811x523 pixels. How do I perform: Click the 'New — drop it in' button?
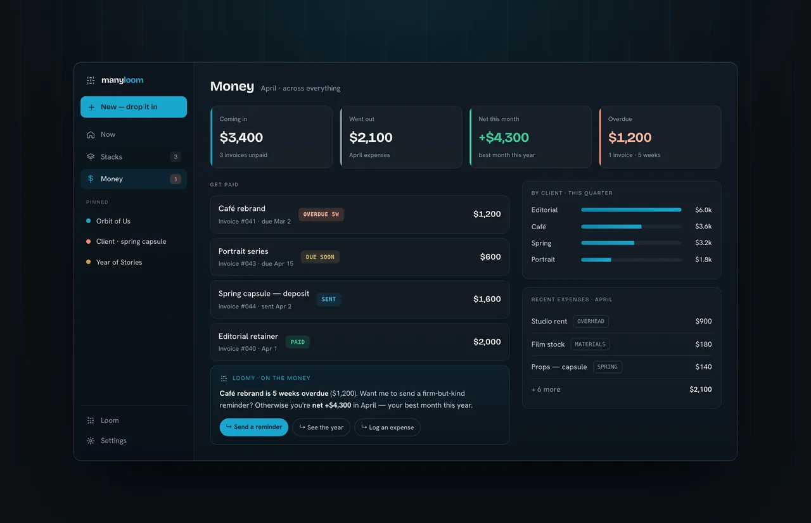134,107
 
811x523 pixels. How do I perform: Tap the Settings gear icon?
91,441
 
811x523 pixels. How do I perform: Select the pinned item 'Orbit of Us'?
113,221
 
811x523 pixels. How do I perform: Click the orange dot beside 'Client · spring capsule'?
88,241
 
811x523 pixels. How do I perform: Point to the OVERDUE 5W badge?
321,214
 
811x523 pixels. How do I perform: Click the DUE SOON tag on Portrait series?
320,257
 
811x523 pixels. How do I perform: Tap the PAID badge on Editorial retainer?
298,342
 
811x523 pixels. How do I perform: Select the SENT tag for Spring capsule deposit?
329,299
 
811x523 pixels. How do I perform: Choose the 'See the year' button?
321,427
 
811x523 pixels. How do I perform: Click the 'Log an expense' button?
387,427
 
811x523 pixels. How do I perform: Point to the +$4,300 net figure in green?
504,137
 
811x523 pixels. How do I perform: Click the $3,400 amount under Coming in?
241,137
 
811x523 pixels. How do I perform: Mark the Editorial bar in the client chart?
631,210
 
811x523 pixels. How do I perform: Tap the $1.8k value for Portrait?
703,260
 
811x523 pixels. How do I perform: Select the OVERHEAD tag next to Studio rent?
591,321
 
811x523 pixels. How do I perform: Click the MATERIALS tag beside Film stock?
590,344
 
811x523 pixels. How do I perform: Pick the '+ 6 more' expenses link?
546,389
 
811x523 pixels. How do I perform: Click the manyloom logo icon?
91,80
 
